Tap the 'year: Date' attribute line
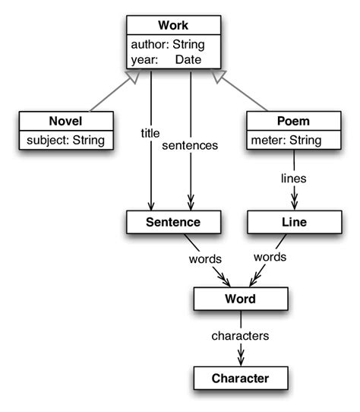point(163,58)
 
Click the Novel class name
point(65,121)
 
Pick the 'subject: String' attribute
point(65,140)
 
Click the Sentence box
point(173,222)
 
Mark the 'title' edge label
point(150,132)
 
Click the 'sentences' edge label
point(190,144)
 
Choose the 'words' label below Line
point(271,258)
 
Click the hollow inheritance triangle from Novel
point(133,77)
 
